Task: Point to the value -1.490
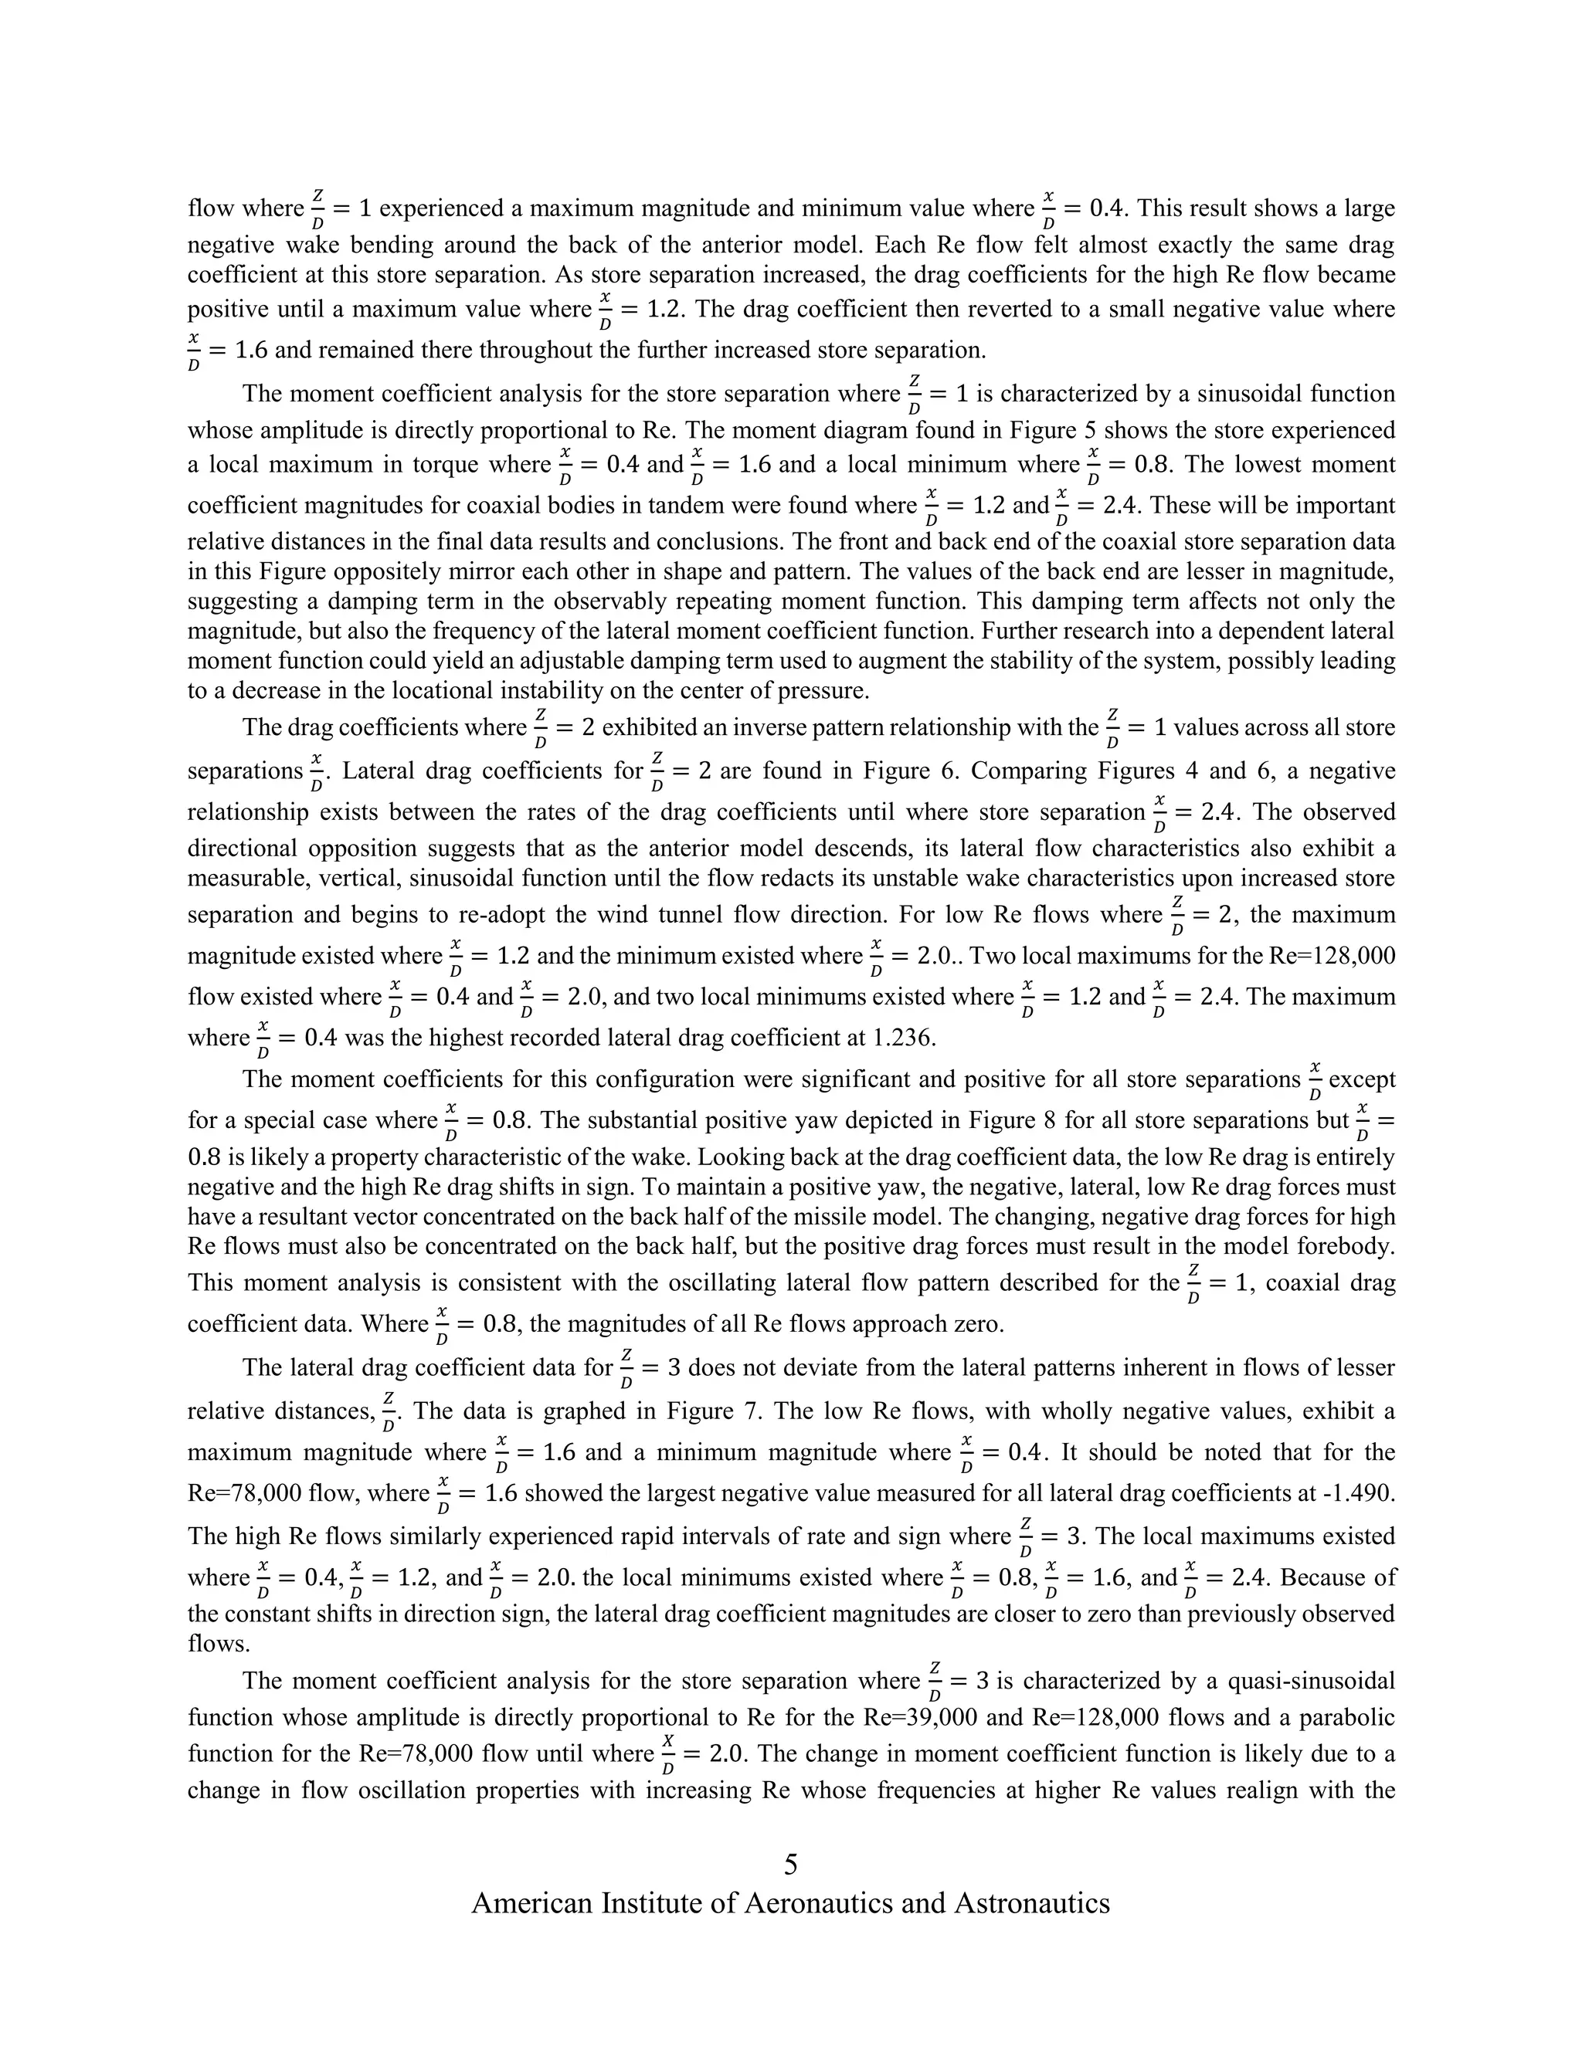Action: [1359, 1492]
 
